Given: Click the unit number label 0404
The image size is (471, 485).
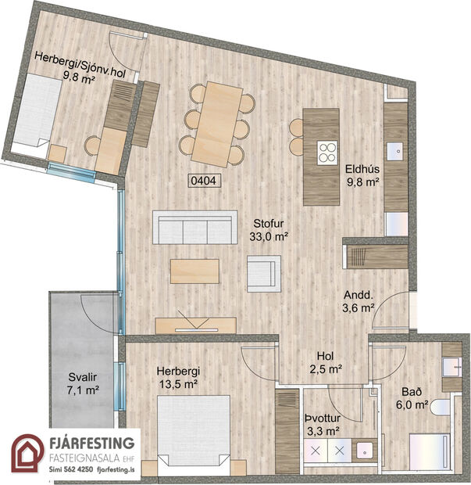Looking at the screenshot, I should [203, 180].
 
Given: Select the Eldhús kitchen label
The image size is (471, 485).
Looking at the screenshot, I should [362, 174].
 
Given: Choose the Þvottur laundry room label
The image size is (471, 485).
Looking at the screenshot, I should [322, 423].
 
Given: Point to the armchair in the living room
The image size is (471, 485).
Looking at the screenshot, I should [262, 272].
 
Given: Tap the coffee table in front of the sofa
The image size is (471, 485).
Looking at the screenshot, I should [199, 271].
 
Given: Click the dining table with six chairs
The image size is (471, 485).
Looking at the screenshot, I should [218, 123].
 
